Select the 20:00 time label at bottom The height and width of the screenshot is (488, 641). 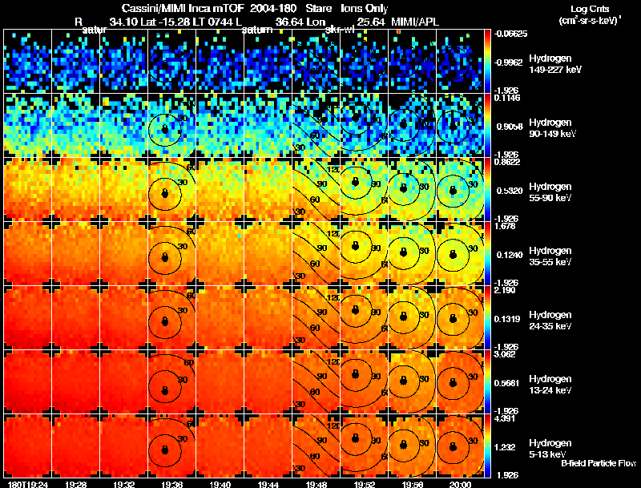(x=461, y=484)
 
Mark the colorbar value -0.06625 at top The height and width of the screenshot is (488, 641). (x=510, y=34)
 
